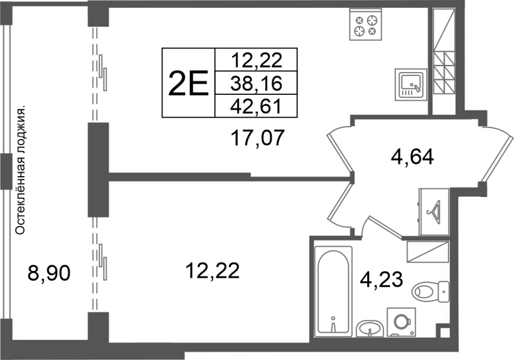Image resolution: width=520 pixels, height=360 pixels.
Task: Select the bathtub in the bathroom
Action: (333, 291)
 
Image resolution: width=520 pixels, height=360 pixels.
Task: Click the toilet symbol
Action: (430, 292)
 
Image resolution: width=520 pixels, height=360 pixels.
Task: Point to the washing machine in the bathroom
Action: (402, 322)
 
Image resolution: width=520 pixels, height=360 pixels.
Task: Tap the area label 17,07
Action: (257, 138)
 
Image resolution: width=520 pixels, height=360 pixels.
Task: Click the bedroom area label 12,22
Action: (213, 270)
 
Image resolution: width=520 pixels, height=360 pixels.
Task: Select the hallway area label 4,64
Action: (412, 157)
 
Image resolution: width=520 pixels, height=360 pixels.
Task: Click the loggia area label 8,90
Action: (49, 274)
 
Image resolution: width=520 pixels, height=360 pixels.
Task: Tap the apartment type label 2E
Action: (188, 83)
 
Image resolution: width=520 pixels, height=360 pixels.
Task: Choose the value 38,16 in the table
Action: (256, 83)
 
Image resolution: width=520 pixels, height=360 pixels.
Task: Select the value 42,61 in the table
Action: (256, 107)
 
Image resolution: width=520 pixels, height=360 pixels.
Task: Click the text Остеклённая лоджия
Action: (21, 171)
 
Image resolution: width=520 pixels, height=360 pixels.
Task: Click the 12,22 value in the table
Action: (256, 60)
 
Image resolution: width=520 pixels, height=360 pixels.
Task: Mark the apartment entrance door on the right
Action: (497, 155)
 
